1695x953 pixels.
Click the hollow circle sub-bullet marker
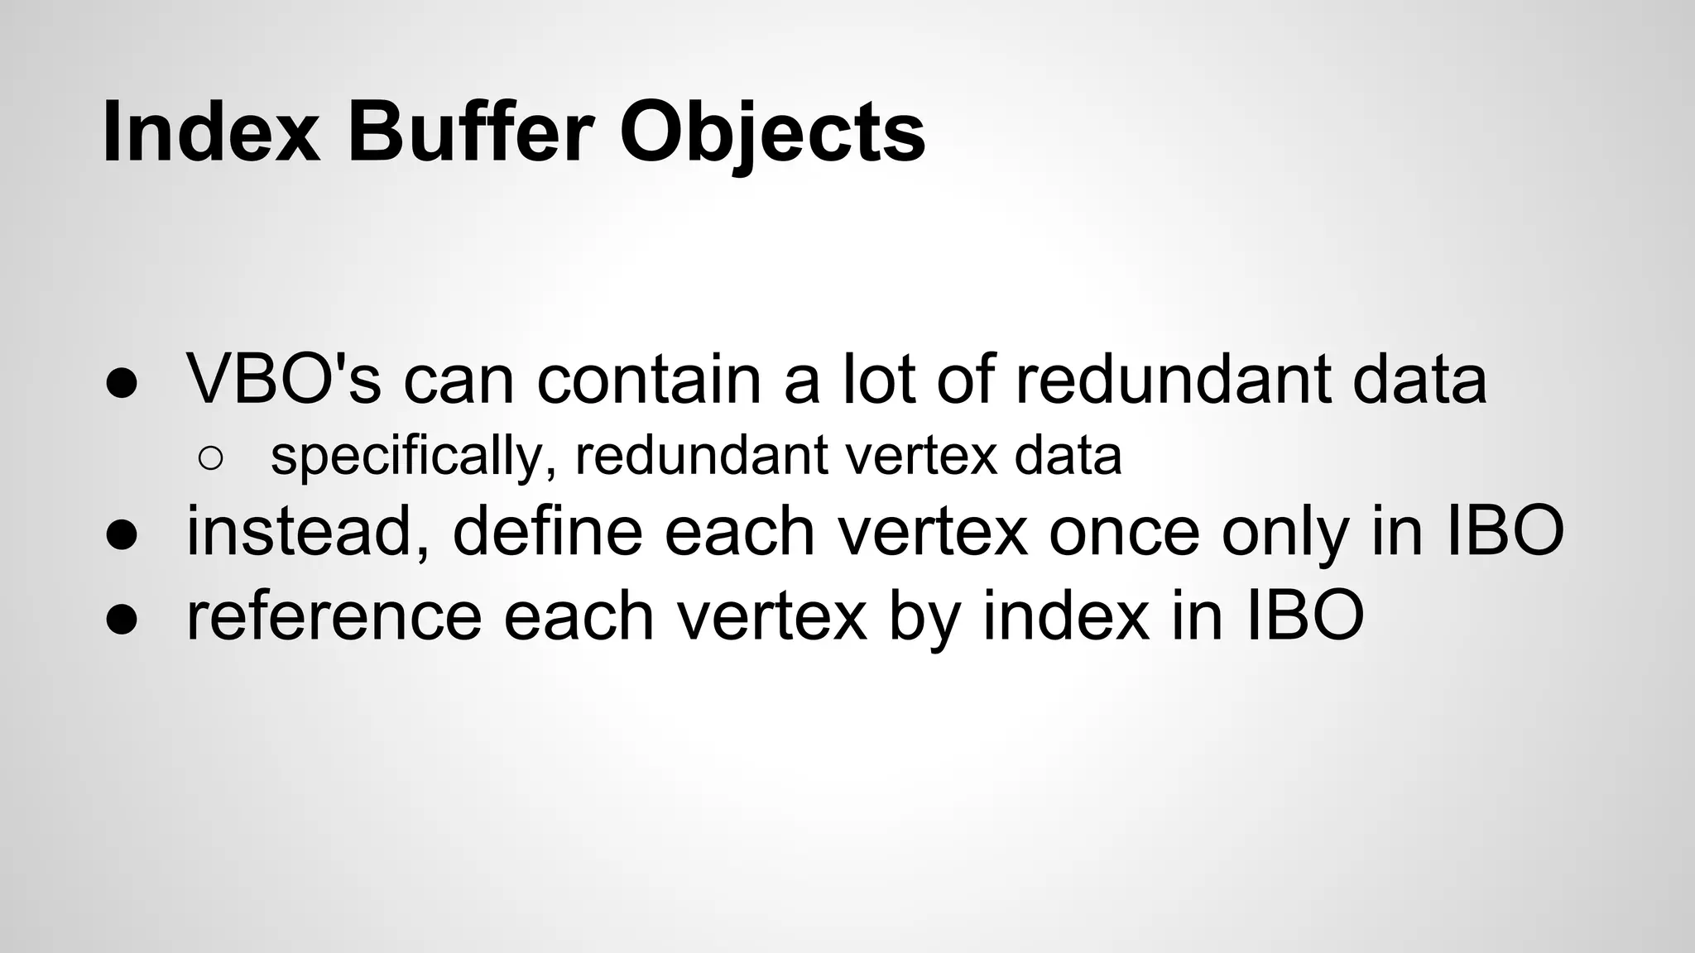pyautogui.click(x=211, y=459)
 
